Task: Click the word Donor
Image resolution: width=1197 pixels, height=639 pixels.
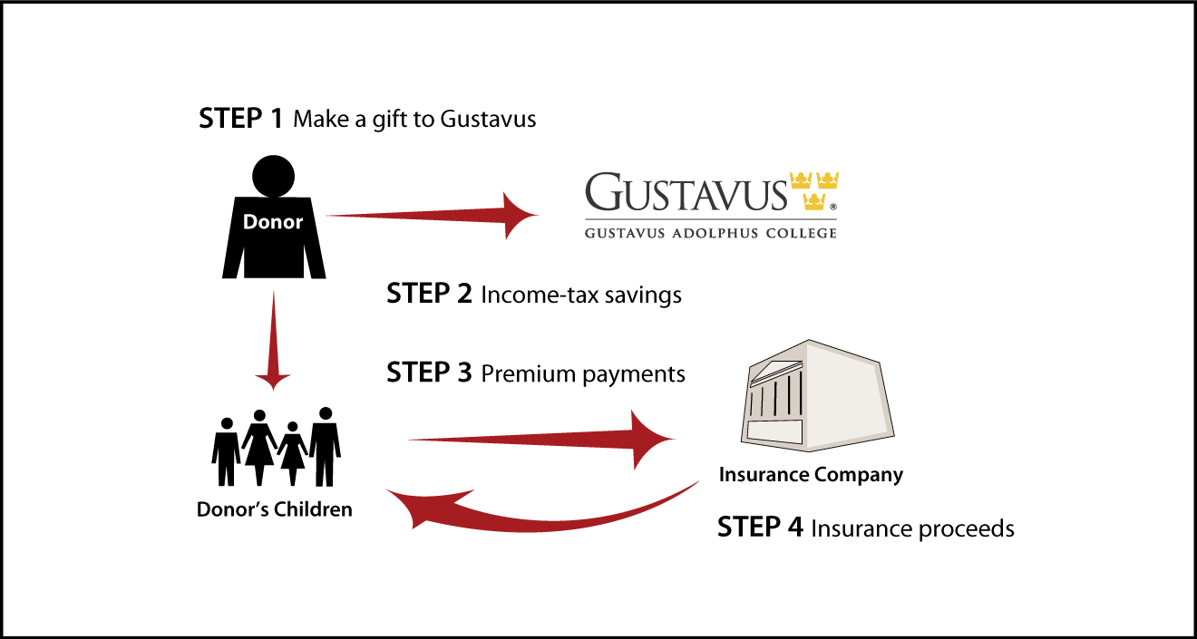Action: point(272,222)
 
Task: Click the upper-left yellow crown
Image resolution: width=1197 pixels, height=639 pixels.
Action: point(801,180)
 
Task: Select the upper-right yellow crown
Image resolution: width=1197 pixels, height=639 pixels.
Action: point(827,180)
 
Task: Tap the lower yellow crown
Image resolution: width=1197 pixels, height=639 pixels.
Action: point(813,201)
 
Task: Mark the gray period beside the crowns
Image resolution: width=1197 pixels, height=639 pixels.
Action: point(832,207)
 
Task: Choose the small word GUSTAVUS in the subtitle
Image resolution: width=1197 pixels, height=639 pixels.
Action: point(625,233)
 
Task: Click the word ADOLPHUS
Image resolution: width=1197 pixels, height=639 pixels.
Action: point(711,233)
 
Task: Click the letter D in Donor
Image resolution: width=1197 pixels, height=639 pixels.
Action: point(249,222)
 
